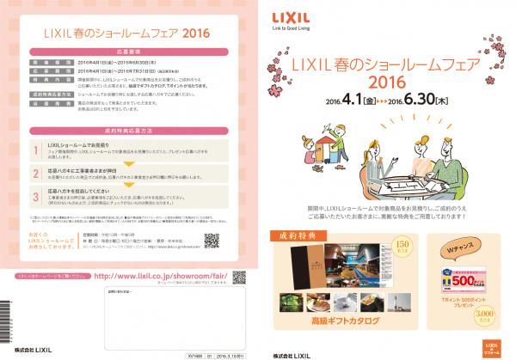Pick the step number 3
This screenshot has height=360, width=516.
tap(35, 197)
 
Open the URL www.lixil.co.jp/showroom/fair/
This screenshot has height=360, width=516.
tap(155, 276)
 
